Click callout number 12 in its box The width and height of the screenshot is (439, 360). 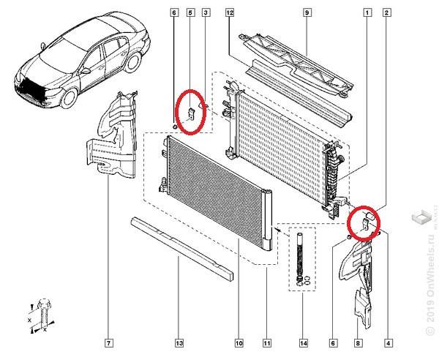point(229,12)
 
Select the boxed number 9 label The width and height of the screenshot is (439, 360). point(307,12)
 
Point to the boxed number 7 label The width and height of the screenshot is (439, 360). point(108,342)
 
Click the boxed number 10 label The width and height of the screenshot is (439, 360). point(239,342)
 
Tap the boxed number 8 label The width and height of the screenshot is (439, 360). point(358,342)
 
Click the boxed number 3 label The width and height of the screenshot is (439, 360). point(206,12)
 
